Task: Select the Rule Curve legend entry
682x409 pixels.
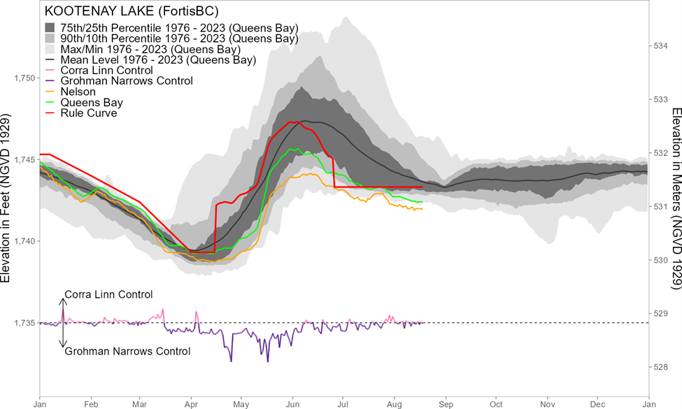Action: [x=88, y=113]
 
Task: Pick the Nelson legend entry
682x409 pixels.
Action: [x=78, y=92]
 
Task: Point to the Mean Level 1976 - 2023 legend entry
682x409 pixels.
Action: [x=158, y=60]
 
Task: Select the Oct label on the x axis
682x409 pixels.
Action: [x=497, y=403]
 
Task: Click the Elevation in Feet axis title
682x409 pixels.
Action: [x=6, y=196]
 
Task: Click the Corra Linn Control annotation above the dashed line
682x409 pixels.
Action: [x=108, y=294]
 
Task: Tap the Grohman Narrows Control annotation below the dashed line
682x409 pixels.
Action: [x=127, y=352]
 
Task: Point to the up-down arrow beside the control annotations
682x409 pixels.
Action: [x=63, y=323]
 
